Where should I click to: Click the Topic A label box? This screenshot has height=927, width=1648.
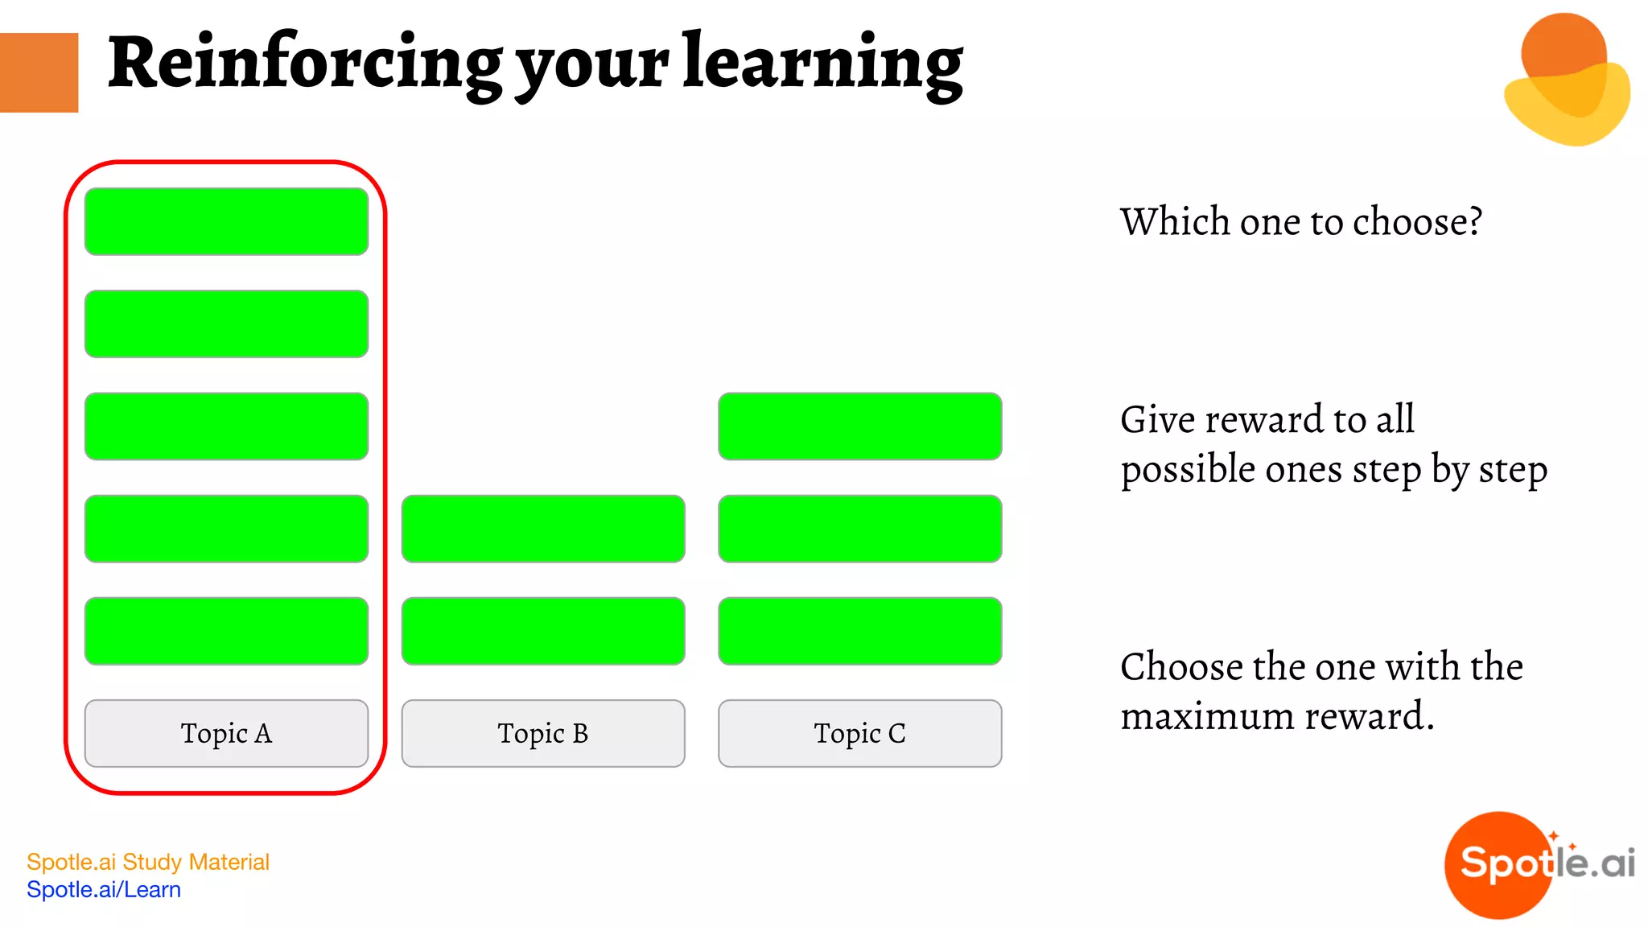coord(226,733)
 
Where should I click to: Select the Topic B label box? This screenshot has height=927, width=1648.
coord(543,733)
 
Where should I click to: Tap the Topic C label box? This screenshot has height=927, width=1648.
coord(859,733)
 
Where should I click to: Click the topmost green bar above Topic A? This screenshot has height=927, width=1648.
coord(226,221)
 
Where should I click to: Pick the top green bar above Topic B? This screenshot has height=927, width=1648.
coord(543,529)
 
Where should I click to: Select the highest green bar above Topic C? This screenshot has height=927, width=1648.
coord(859,426)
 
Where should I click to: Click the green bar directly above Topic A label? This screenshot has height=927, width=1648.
coord(226,631)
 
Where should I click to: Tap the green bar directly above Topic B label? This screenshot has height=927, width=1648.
coord(543,631)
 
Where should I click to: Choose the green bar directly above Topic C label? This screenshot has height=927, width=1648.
coord(859,631)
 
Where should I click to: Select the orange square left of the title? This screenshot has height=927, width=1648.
coord(39,72)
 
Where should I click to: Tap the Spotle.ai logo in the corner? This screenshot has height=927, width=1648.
coord(1539,864)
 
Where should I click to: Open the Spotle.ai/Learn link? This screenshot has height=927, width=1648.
coord(104,889)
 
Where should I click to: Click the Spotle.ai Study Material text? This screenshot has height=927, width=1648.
coord(148,862)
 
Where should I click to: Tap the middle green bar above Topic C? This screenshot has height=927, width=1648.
coord(859,529)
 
